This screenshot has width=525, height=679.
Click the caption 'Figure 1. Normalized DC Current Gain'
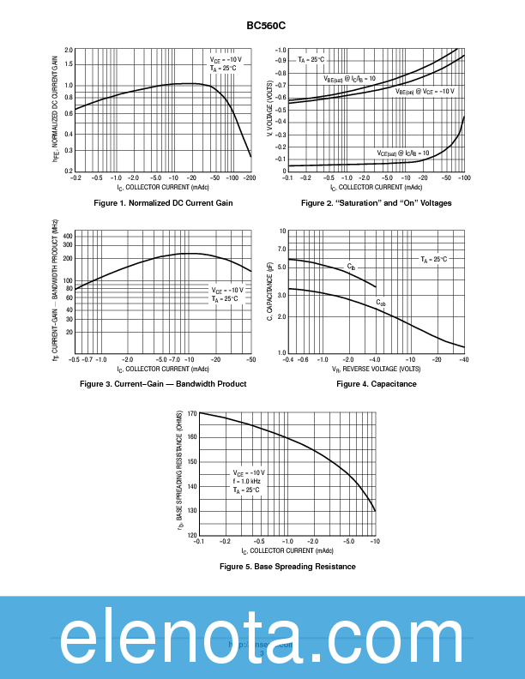[x=163, y=203]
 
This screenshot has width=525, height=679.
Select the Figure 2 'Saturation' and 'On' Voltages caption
[x=376, y=203]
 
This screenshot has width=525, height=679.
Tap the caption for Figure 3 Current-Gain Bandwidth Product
[x=163, y=384]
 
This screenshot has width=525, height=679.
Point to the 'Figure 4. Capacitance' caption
[x=376, y=384]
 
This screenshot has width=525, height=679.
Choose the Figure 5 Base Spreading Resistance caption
[x=287, y=567]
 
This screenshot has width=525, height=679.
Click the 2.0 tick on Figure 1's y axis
[x=68, y=51]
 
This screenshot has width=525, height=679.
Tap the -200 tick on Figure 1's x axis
[x=250, y=177]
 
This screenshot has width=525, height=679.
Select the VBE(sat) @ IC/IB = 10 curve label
[x=349, y=79]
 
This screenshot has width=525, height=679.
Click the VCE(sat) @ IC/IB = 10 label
[x=403, y=153]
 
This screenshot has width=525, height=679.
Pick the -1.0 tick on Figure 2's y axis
[x=280, y=51]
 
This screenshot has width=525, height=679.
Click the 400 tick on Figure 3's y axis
[x=68, y=235]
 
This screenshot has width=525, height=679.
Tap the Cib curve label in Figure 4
[x=351, y=267]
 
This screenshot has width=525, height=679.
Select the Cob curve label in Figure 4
[x=381, y=303]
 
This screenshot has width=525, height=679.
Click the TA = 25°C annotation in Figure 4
[x=433, y=259]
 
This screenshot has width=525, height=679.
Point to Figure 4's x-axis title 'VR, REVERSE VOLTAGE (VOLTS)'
[x=376, y=368]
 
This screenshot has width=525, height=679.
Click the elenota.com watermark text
[x=262, y=638]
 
